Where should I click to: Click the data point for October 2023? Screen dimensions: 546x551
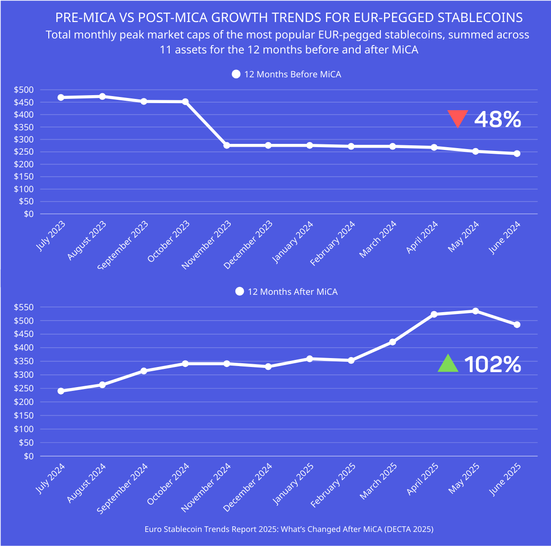click(185, 102)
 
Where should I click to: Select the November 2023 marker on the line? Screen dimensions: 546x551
click(227, 145)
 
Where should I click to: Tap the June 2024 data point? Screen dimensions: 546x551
click(517, 153)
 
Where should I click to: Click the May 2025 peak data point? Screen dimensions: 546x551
click(476, 311)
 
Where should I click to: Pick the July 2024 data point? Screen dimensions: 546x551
click(61, 391)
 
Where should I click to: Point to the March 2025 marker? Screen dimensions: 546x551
click(392, 342)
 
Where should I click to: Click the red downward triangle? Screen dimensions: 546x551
click(458, 119)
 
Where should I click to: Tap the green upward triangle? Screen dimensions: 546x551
click(448, 364)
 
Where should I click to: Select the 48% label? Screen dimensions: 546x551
click(498, 120)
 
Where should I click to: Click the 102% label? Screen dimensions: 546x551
click(493, 365)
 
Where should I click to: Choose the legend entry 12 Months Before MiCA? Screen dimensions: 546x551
click(287, 75)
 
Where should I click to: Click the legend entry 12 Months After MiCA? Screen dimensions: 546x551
click(287, 292)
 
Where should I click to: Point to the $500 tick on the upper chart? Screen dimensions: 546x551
click(23, 90)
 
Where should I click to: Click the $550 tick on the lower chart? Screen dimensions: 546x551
click(23, 307)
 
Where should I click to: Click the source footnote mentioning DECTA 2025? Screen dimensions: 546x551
click(289, 529)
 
